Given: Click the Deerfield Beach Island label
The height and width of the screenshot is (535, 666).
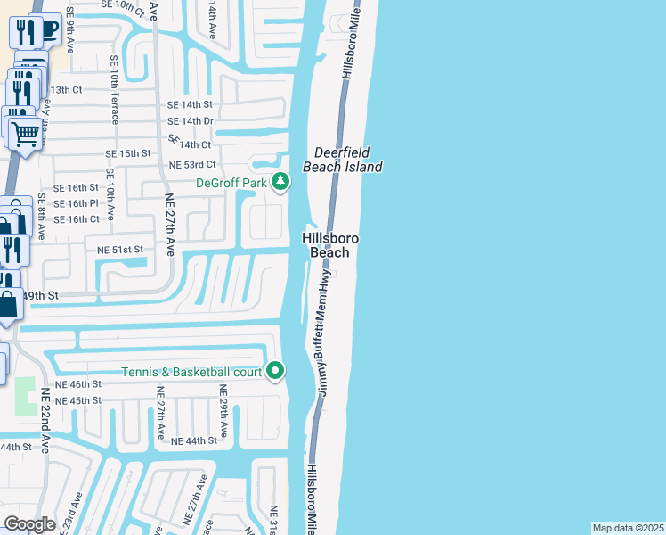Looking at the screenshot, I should pyautogui.click(x=343, y=160).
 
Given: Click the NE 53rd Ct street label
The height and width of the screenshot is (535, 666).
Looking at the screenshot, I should pyautogui.click(x=193, y=165).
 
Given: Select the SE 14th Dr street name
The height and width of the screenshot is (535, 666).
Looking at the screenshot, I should pyautogui.click(x=191, y=121).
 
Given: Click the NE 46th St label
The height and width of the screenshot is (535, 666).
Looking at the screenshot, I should pyautogui.click(x=78, y=383).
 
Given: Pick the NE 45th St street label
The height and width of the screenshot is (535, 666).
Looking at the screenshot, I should pyautogui.click(x=78, y=401).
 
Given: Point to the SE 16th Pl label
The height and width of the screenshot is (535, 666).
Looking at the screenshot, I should pyautogui.click(x=75, y=204).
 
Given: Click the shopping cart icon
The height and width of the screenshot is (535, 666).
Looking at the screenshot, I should pyautogui.click(x=25, y=134).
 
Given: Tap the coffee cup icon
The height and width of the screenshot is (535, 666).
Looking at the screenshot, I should pyautogui.click(x=49, y=29).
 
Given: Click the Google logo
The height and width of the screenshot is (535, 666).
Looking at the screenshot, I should pyautogui.click(x=30, y=524).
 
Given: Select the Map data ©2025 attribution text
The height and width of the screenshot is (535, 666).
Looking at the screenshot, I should pyautogui.click(x=627, y=528).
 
